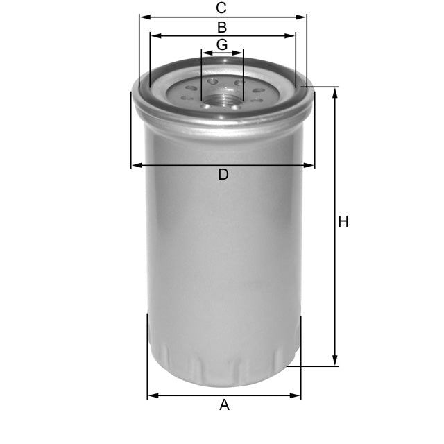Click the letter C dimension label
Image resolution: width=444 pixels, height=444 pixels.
tap(221, 8)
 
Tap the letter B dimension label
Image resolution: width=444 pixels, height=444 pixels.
tap(222, 28)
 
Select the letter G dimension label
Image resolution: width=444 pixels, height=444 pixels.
tap(222, 44)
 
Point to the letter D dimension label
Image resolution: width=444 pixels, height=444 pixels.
tap(223, 175)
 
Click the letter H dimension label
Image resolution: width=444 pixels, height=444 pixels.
tap(343, 222)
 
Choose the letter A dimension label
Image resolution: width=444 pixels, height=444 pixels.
tap(224, 405)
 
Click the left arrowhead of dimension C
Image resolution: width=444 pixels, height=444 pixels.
tap(143, 17)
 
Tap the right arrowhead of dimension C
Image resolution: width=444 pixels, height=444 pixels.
tap(302, 17)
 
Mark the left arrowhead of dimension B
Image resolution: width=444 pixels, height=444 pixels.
tap(154, 35)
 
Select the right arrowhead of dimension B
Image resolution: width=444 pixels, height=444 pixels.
tap(291, 35)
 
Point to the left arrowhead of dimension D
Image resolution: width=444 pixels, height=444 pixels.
tap(135, 165)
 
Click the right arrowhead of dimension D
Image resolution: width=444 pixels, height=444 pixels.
tap(310, 165)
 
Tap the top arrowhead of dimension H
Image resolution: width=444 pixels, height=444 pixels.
tap(335, 92)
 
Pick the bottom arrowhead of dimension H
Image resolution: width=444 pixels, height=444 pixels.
tap(335, 361)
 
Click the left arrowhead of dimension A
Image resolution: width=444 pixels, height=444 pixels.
tap(152, 396)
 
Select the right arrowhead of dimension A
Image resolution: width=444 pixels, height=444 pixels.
tap(296, 396)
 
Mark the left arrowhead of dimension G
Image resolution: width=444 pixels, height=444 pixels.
tap(205, 53)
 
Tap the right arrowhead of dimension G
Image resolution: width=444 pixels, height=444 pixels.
tap(240, 53)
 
